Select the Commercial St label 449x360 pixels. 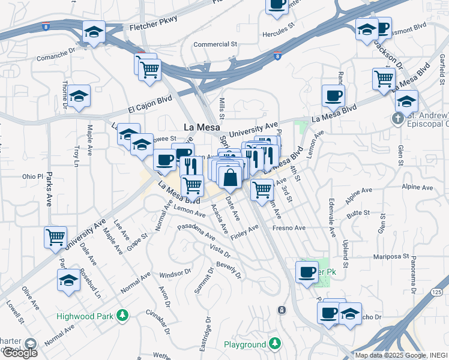pyautogui.click(x=215, y=44)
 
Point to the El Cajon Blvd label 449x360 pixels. pyautogui.click(x=150, y=104)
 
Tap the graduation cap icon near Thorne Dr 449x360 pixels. pyautogui.click(x=79, y=96)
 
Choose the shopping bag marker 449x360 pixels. pyautogui.click(x=230, y=178)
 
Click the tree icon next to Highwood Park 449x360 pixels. pyautogui.click(x=123, y=315)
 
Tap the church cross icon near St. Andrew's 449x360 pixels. pyautogui.click(x=397, y=118)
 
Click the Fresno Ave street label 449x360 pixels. pyautogui.click(x=289, y=228)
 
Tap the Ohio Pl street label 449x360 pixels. pyautogui.click(x=33, y=177)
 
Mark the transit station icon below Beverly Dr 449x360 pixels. pyautogui.click(x=281, y=310)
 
